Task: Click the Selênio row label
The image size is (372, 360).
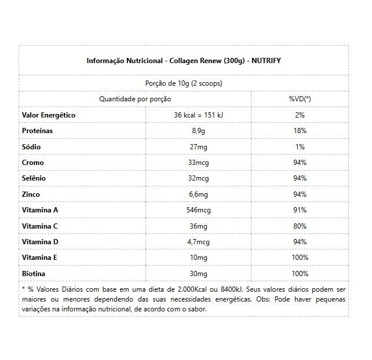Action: [34, 178]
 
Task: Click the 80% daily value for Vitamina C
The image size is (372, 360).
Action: [300, 225]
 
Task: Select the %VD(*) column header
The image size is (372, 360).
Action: [300, 99]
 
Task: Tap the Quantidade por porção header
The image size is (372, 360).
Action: [135, 99]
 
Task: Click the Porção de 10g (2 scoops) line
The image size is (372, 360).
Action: [183, 83]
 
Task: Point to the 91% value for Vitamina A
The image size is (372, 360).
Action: [300, 210]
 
